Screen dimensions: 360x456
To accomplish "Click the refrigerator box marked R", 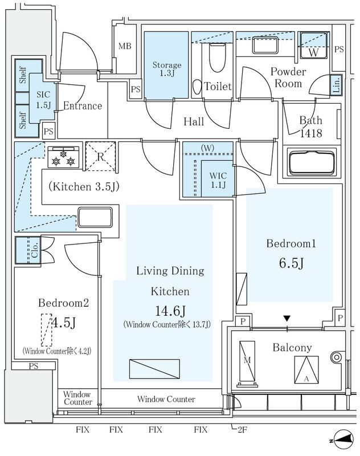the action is click(x=100, y=156).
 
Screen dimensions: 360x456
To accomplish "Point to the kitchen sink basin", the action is click(x=95, y=218).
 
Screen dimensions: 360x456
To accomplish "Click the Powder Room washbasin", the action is click(x=265, y=45).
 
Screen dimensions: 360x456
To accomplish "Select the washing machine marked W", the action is click(x=313, y=45).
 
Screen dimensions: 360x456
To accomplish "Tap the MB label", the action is click(x=125, y=46).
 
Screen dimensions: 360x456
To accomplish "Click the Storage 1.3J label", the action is click(x=167, y=69).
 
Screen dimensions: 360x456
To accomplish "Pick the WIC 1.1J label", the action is click(x=218, y=180).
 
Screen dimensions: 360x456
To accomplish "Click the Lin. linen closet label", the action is click(x=337, y=85).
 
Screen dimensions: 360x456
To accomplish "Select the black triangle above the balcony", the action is click(x=287, y=319).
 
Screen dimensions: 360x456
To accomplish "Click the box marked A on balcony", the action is click(x=306, y=370).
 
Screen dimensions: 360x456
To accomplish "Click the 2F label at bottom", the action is click(x=242, y=430).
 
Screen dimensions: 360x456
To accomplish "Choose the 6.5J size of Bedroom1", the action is click(x=292, y=263).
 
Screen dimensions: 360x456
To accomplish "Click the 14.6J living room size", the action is click(x=170, y=311).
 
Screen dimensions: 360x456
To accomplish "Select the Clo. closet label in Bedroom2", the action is click(x=35, y=250).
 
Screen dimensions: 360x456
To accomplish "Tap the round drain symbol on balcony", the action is click(x=336, y=357).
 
